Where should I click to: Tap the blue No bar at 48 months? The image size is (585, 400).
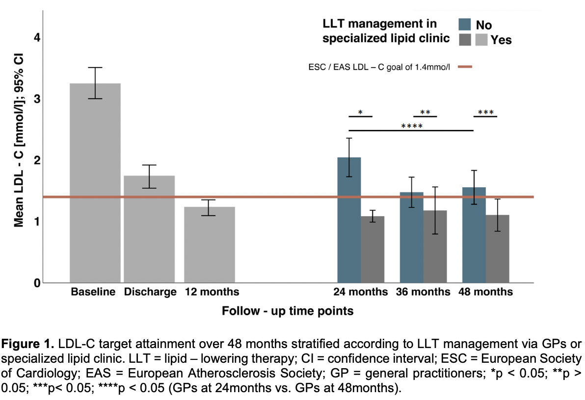click(x=474, y=235)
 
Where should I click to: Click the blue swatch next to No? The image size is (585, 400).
click(x=465, y=24)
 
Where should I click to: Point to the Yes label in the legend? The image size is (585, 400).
click(x=501, y=40)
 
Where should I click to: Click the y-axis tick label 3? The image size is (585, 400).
click(x=37, y=99)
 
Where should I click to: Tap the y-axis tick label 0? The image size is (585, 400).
click(x=37, y=283)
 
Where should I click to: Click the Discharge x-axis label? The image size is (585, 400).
click(x=150, y=292)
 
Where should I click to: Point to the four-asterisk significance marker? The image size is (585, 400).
click(x=412, y=126)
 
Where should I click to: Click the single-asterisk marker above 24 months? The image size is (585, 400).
click(x=360, y=112)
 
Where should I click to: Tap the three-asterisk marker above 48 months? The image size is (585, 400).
click(x=485, y=112)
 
